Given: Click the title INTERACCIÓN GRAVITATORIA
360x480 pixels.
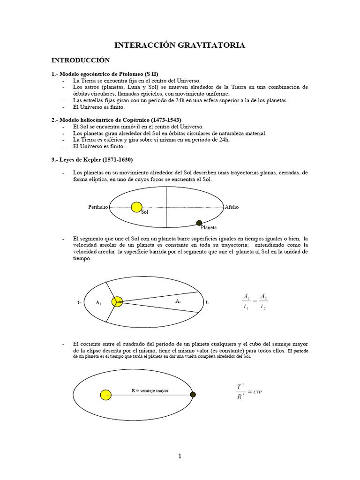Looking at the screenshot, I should click(180, 45).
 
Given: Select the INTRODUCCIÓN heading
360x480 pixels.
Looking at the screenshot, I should click(80, 60).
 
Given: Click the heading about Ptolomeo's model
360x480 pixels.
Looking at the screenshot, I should click(105, 74).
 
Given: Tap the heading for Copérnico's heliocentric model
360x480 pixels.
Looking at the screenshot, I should click(116, 120).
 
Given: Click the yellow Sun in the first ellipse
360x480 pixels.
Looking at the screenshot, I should click(136, 207).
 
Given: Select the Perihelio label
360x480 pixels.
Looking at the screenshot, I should click(98, 207).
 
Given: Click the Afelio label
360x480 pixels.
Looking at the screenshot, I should click(232, 207).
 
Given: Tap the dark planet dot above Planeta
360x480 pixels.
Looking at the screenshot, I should click(199, 223).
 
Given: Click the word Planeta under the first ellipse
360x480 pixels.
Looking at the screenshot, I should click(209, 228).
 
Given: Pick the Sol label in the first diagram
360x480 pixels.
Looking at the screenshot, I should click(144, 213).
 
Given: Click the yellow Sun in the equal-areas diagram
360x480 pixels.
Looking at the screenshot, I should click(117, 301).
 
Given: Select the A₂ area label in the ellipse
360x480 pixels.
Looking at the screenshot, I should click(98, 303).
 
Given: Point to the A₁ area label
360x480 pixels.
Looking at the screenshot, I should click(178, 301).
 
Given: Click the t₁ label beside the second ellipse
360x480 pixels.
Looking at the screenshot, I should click(207, 303).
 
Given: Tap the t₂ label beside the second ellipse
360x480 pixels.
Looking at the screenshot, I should click(79, 303).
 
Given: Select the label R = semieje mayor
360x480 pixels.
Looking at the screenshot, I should click(150, 390).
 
